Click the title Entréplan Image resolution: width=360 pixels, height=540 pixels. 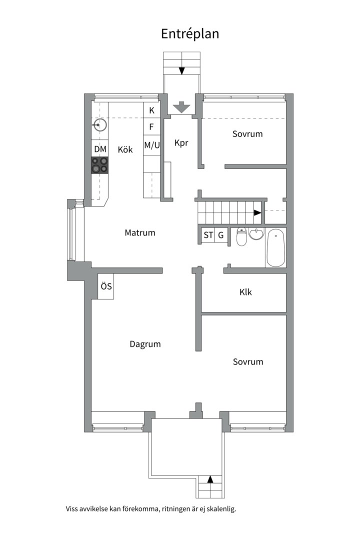pyautogui.click(x=190, y=34)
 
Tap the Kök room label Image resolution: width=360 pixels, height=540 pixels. pyautogui.click(x=125, y=149)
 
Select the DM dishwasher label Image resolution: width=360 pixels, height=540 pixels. pyautogui.click(x=100, y=149)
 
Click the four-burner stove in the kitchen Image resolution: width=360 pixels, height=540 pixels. pyautogui.click(x=99, y=165)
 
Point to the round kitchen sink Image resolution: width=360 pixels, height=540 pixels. pyautogui.click(x=99, y=124)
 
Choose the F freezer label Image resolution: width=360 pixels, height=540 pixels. pyautogui.click(x=151, y=127)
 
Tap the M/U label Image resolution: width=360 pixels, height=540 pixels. pyautogui.click(x=151, y=145)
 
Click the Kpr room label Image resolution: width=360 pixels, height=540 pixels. pyautogui.click(x=181, y=143)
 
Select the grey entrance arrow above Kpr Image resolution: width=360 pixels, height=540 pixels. pyautogui.click(x=180, y=107)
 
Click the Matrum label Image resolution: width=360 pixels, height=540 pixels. pyautogui.click(x=140, y=232)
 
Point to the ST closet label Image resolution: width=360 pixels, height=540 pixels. pyautogui.click(x=208, y=235)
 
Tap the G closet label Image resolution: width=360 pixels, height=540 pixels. pyautogui.click(x=220, y=235)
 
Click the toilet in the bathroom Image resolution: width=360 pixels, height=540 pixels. pyautogui.click(x=241, y=237)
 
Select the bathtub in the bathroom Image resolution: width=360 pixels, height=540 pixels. pyautogui.click(x=276, y=247)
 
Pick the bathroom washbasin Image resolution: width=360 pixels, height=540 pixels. pyautogui.click(x=256, y=234)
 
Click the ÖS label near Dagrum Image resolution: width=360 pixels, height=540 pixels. pyautogui.click(x=106, y=286)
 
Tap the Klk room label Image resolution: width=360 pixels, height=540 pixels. pyautogui.click(x=245, y=292)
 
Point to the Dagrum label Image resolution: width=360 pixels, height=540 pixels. pyautogui.click(x=145, y=344)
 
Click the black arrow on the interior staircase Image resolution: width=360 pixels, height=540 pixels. pyautogui.click(x=257, y=212)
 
